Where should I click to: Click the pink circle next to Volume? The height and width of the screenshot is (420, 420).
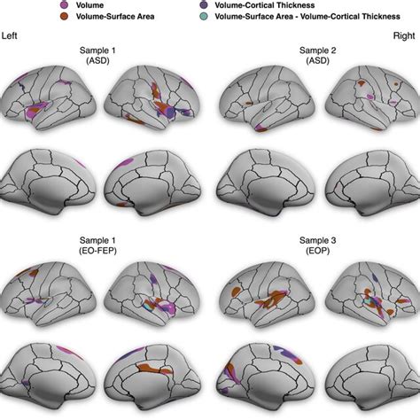[x=64, y=4]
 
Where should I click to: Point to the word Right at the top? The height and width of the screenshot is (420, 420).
[x=406, y=36]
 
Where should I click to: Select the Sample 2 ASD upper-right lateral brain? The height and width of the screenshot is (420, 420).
[x=363, y=106]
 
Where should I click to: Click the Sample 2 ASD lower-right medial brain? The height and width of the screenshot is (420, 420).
[x=365, y=176]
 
